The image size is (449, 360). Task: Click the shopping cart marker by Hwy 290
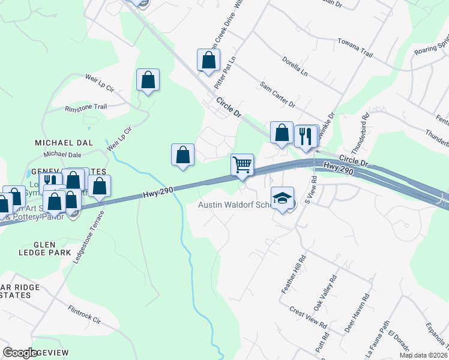pyautogui.click(x=242, y=164)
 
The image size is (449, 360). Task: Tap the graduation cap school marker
pyautogui.click(x=282, y=197)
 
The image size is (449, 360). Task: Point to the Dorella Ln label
pyautogui.click(x=295, y=67)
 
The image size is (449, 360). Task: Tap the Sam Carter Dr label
pyautogui.click(x=277, y=95)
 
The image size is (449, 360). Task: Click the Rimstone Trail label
pyautogui.click(x=86, y=107)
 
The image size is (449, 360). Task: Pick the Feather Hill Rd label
pyautogui.click(x=294, y=274)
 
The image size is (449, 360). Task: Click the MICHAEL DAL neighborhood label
pyautogui.click(x=64, y=142)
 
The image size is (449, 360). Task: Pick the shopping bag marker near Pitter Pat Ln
pyautogui.click(x=208, y=60)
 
